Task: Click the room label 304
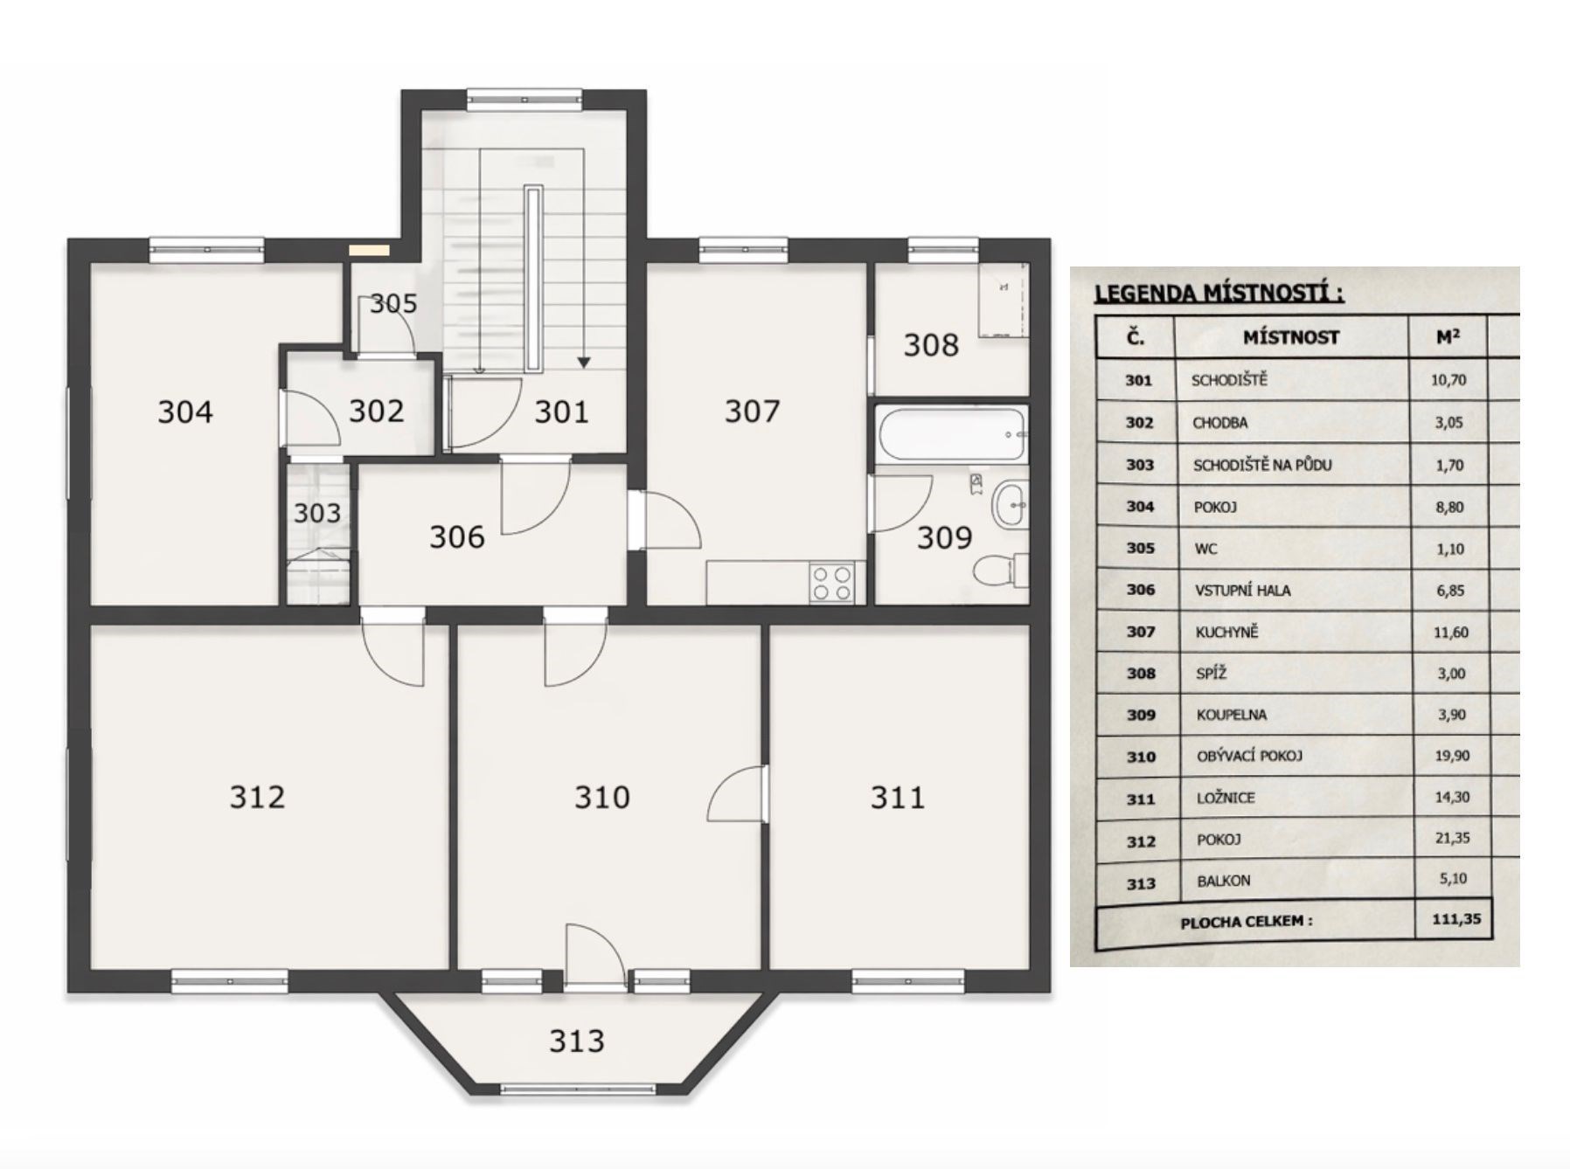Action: [185, 412]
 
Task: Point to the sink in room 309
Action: [1010, 504]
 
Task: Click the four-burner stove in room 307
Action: [832, 583]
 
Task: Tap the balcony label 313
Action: [577, 1041]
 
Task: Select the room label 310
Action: [601, 797]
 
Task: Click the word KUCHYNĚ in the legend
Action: [1226, 632]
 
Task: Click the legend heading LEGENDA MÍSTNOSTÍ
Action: [1219, 293]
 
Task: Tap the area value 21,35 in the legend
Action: [1452, 838]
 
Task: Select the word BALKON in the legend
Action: [1224, 881]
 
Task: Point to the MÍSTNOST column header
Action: [1291, 337]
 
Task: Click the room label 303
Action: [316, 513]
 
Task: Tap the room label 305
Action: [393, 304]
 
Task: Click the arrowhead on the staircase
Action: [584, 363]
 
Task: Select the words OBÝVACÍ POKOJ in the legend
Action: [1249, 756]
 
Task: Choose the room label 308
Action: [931, 345]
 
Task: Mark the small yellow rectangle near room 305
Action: [369, 250]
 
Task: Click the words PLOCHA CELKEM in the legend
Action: [1246, 922]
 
